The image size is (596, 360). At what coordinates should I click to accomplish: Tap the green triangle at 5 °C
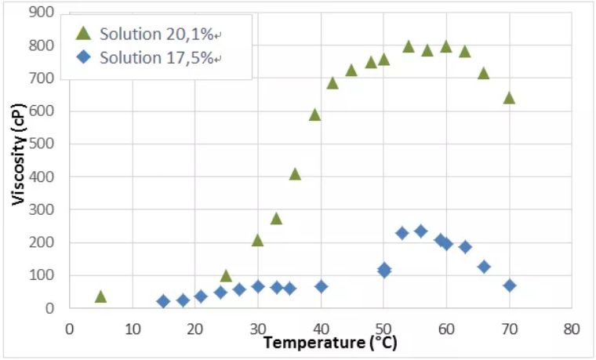tap(100, 296)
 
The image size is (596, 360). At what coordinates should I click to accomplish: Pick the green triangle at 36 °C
tap(295, 174)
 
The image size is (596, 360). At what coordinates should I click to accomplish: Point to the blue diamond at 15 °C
tap(163, 301)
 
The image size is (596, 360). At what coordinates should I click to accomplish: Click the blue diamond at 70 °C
tap(510, 285)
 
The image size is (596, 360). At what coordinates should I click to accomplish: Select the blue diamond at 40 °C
tap(321, 286)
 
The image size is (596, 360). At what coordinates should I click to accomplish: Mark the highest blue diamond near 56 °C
tap(420, 231)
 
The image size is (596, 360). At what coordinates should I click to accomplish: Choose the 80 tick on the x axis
tap(572, 327)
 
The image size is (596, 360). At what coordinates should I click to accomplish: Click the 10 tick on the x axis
tap(132, 327)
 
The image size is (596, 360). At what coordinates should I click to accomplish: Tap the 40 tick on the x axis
tap(321, 327)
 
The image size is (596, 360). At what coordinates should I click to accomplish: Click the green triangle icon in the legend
tap(83, 34)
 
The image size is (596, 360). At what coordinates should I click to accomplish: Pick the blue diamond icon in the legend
tap(83, 59)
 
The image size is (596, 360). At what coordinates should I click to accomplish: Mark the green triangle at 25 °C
tap(226, 276)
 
